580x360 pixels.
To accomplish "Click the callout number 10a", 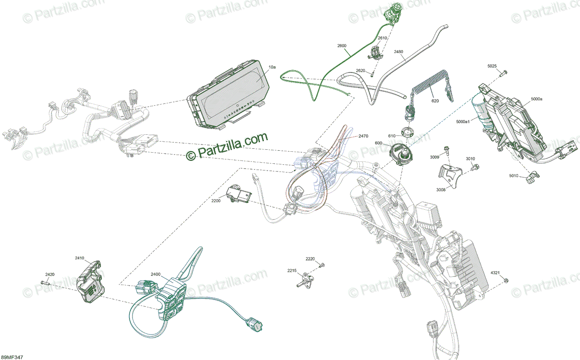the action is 272,67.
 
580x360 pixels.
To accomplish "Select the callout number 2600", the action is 342,46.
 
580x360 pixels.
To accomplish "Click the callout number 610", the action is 392,136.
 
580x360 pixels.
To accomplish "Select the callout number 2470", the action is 363,137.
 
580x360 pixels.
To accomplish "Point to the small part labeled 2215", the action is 306,280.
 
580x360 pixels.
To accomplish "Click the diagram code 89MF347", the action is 12,357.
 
